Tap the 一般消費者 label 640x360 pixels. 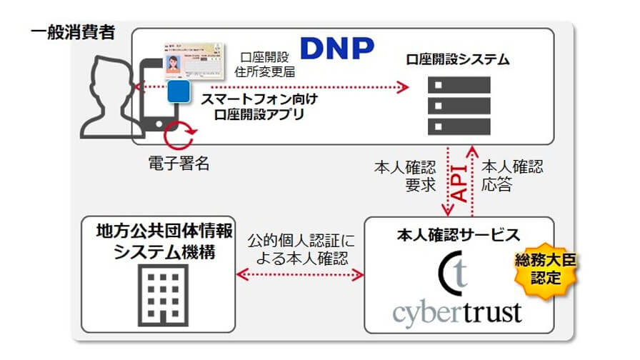tap(73, 32)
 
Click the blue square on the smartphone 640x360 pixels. tap(179, 92)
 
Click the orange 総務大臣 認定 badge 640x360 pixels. tap(559, 269)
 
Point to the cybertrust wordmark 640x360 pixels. tap(457, 311)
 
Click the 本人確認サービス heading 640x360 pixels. tap(457, 234)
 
